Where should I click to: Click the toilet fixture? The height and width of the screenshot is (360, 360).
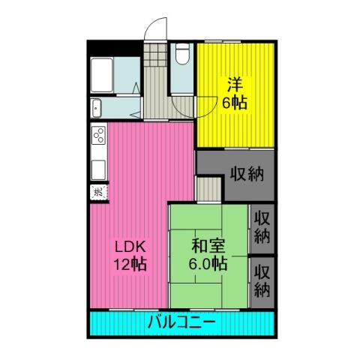(181, 54)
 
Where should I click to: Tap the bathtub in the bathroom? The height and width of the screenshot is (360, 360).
(102, 75)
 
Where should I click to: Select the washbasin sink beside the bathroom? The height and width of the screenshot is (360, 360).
(96, 108)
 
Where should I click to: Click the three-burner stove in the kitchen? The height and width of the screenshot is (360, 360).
(98, 135)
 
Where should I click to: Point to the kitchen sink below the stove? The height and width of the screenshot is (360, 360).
(98, 169)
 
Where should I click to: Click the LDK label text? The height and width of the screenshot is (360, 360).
(130, 247)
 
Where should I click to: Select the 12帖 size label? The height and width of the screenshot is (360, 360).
(130, 264)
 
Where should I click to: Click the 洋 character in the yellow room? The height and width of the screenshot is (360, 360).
(235, 85)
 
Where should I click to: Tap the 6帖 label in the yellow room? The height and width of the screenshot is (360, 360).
(235, 102)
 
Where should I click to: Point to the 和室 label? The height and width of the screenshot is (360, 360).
(208, 246)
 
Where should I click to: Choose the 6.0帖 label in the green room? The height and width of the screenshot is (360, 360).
(208, 264)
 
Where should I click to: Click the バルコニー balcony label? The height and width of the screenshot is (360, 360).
(181, 322)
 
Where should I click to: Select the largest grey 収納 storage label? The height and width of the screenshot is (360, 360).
(247, 174)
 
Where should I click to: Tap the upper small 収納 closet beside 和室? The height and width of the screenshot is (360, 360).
(262, 227)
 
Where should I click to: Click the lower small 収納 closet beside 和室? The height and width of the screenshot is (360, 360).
(262, 281)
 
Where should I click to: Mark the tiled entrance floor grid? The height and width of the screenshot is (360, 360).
(155, 55)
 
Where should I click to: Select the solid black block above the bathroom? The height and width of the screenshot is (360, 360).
(115, 49)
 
